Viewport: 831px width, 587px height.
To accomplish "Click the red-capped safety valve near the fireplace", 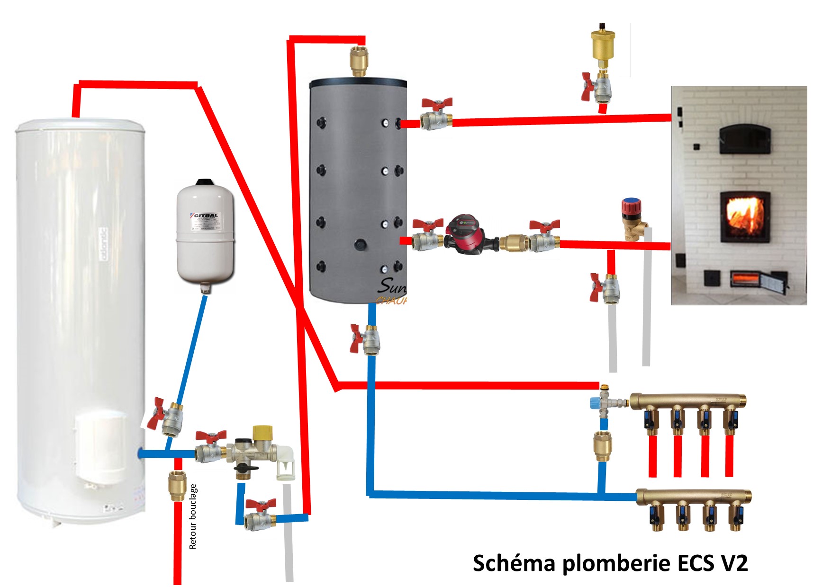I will point(632,218).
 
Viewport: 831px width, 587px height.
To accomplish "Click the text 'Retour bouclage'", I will point(193,516).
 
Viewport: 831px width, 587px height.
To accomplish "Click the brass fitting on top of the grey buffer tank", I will point(359,60).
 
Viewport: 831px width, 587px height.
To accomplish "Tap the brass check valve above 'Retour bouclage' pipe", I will point(177,486).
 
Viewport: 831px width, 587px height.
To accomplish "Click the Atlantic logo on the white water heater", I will point(104,244).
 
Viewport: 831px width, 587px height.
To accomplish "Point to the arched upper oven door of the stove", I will point(745,138).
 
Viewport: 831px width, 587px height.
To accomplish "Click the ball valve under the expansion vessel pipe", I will point(167,417).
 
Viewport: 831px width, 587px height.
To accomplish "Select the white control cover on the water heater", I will point(101,447).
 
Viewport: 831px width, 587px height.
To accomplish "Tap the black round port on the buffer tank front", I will point(361,245).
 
